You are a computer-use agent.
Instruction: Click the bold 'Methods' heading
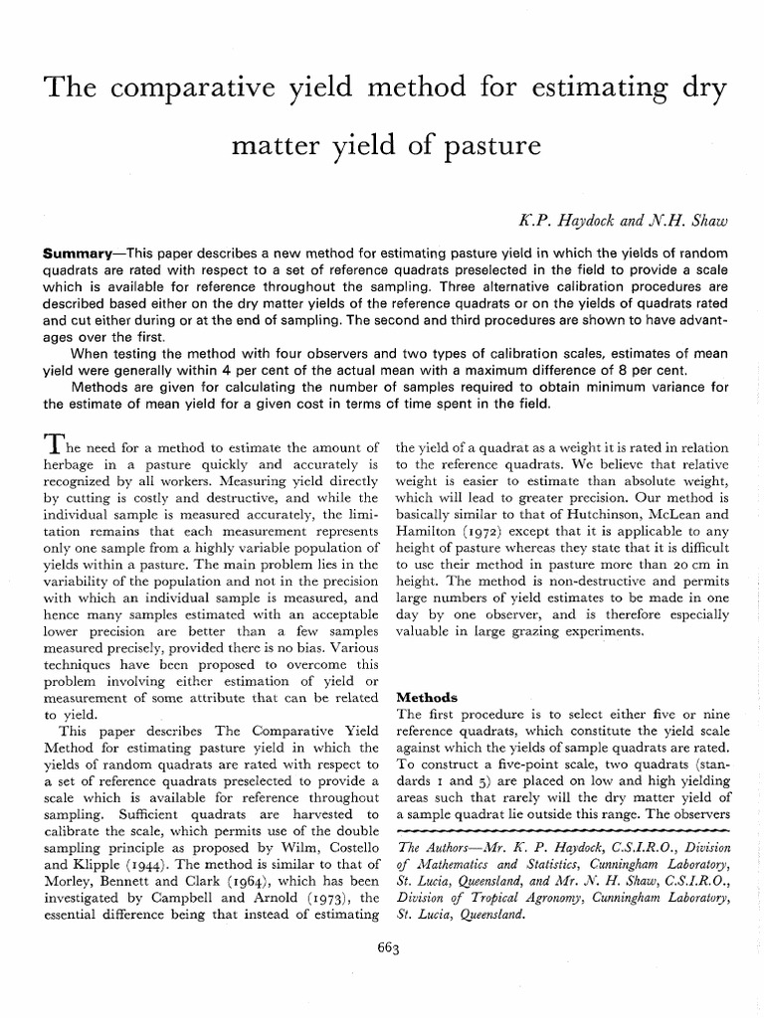pos(429,697)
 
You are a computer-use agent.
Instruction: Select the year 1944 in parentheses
pos(130,864)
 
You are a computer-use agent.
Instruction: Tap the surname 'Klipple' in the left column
pos(77,864)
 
